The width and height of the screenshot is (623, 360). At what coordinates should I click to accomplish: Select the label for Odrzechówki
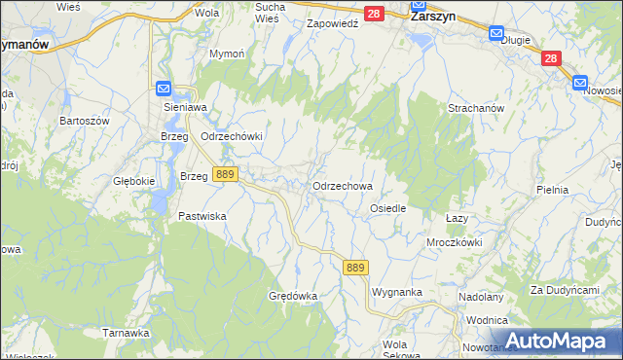pyautogui.click(x=232, y=136)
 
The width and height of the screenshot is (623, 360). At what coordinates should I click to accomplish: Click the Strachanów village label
pyautogui.click(x=475, y=108)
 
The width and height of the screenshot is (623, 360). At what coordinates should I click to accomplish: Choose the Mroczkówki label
pyautogui.click(x=454, y=241)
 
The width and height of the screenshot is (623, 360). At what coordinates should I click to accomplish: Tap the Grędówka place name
pyautogui.click(x=293, y=294)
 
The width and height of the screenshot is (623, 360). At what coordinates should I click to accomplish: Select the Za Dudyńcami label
pyautogui.click(x=564, y=290)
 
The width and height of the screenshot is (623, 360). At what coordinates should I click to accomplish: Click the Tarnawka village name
pyautogui.click(x=126, y=332)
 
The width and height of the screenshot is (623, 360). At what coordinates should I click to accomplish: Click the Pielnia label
pyautogui.click(x=552, y=190)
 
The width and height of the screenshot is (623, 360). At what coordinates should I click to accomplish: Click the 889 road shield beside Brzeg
pyautogui.click(x=226, y=174)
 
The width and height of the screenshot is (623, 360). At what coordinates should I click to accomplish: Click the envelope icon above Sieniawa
pyautogui.click(x=164, y=89)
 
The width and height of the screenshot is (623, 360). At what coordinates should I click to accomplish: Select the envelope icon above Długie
pyautogui.click(x=495, y=31)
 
